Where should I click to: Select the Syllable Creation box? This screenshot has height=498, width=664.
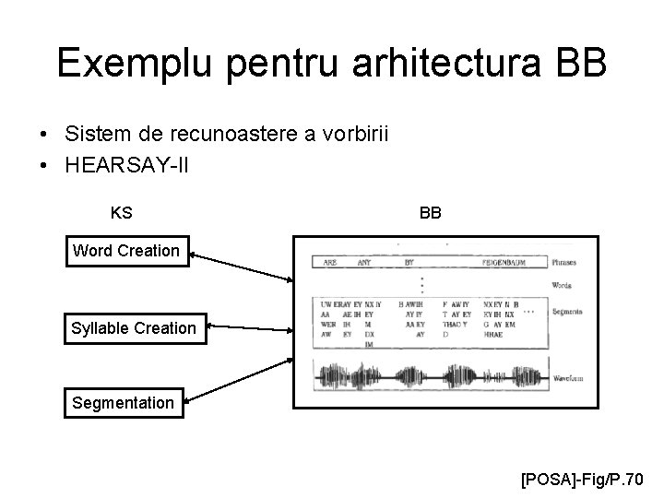coord(134,327)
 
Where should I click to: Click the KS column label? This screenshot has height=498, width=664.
coord(121,213)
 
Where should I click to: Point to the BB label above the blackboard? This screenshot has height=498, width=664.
coord(430,213)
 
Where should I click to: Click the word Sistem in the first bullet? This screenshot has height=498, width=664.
coord(95,135)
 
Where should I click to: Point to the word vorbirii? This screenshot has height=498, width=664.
coord(350,135)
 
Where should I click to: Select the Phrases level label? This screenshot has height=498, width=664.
coord(565,262)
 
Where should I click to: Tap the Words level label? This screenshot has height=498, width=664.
coord(562,286)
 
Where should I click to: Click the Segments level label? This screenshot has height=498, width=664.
coord(566,312)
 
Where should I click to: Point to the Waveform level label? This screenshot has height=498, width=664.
coord(567,378)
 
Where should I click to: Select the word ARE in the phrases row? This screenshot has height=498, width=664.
coord(330,262)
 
